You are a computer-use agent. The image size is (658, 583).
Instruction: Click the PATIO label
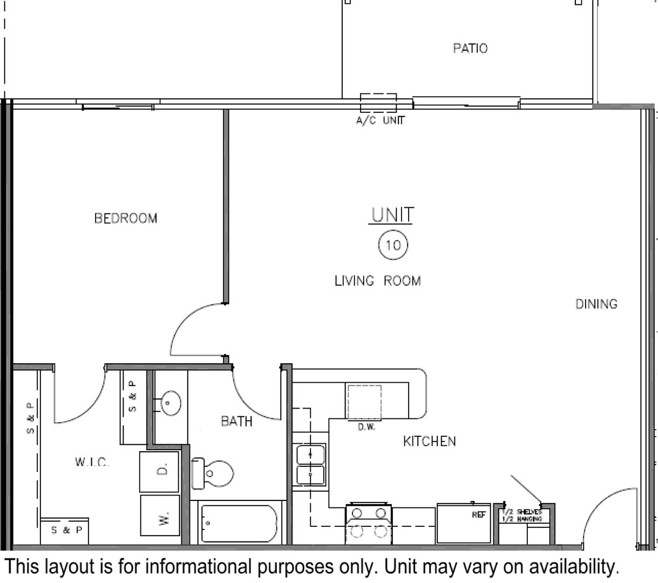coord(470,49)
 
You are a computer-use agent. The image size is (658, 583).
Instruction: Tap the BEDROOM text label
coord(126,219)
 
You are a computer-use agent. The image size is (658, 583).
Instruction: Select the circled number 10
coord(393,246)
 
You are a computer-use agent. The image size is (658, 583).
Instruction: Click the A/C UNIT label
coord(379,120)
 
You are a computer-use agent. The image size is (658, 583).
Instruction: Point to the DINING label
coord(596,304)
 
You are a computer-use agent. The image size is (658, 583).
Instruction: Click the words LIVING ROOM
coord(377,281)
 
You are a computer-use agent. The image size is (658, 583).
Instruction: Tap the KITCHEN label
coord(429,442)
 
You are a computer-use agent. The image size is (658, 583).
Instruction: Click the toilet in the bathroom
coord(213,473)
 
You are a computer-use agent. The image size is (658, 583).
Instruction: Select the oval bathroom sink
coord(170,402)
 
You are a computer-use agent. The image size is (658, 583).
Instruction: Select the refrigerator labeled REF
coord(463,523)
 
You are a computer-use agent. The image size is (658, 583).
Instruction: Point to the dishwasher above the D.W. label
coord(364,402)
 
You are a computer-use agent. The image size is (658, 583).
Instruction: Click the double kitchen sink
coord(310,464)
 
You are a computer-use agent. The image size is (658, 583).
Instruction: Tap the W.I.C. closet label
coord(92,462)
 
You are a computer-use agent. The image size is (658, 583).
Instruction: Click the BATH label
coord(236,421)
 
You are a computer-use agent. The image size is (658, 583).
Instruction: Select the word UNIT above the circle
coord(392,215)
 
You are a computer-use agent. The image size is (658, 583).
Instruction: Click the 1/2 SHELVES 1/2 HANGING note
coord(521,515)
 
